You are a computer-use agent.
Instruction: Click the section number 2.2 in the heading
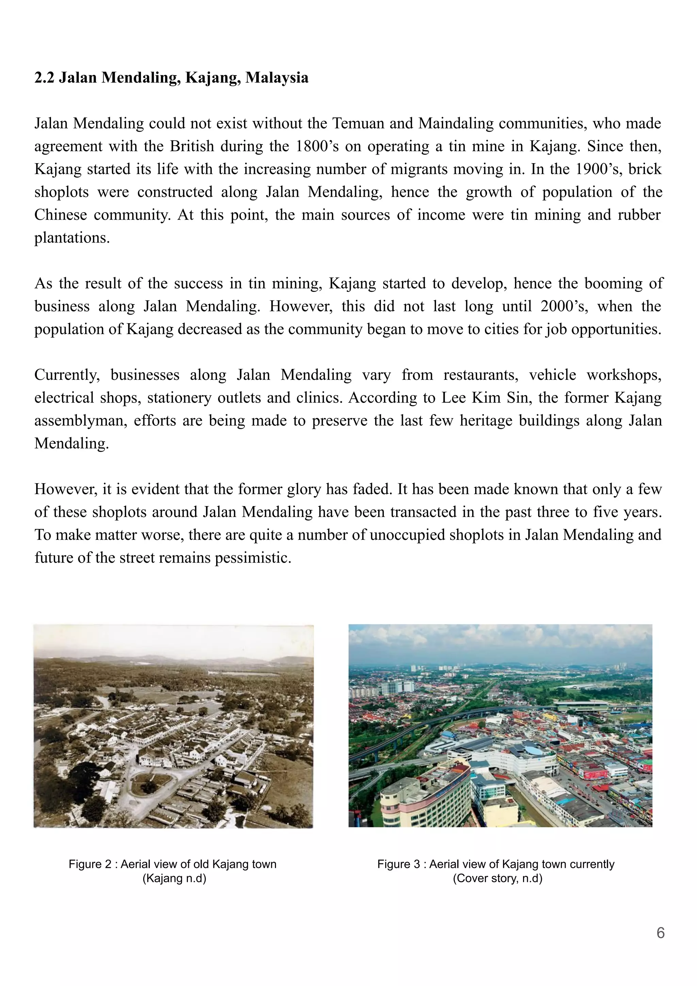coord(44,78)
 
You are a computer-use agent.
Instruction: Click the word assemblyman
coord(81,421)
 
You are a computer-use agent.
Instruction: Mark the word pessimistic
coord(253,558)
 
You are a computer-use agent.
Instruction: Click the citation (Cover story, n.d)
coord(498,878)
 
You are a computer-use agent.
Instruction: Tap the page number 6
coord(661,933)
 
